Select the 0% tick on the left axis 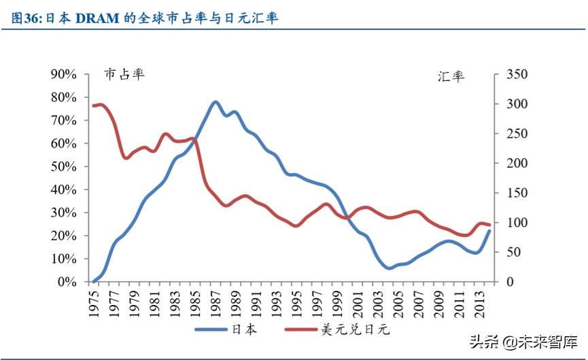pos(67,282)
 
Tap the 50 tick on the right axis pos(507,252)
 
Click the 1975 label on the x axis pos(94,300)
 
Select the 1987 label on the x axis pos(215,300)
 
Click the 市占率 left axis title pos(124,74)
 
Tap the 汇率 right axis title pos(451,76)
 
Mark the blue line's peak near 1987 pos(215,102)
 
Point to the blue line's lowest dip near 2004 pos(389,268)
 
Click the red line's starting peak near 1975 pos(100,105)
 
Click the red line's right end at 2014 pos(489,225)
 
